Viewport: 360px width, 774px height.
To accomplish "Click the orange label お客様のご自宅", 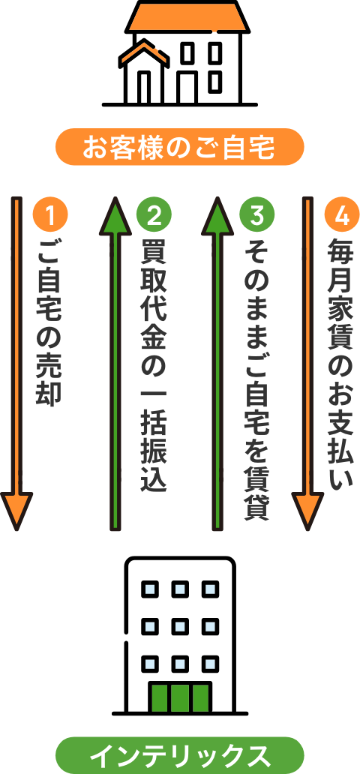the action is click(180, 147).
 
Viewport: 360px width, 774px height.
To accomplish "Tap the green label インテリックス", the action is click(180, 755).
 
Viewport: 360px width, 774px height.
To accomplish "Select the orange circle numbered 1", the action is click(50, 216).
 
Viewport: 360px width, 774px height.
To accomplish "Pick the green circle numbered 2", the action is click(154, 216).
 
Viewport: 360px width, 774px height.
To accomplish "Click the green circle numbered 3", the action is click(256, 216).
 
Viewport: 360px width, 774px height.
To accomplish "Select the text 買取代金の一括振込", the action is click(154, 366).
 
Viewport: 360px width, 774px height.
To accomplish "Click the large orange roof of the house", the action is click(187, 17).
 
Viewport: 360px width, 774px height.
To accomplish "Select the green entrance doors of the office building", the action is click(180, 697).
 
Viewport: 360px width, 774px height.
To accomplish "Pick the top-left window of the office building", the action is click(150, 589).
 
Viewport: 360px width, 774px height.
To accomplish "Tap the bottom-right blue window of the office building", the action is click(210, 664).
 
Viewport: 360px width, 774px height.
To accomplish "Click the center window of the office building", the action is click(180, 626).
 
